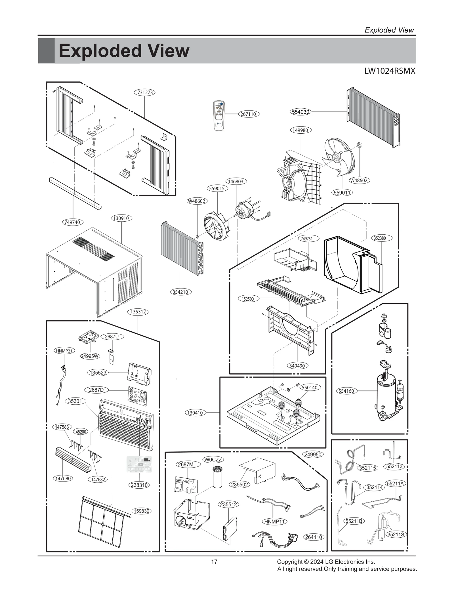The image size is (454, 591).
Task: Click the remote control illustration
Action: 219,115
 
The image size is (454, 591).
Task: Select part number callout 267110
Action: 248,114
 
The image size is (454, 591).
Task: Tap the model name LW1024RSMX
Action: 390,71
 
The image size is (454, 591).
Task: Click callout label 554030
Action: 300,112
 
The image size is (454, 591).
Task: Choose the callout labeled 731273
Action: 145,92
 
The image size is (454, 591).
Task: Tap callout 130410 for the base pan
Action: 195,413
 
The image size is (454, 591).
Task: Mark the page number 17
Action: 214,561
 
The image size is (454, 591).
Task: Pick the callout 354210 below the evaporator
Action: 181,292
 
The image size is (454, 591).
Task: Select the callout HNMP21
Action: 64,351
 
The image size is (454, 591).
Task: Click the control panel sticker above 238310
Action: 139,464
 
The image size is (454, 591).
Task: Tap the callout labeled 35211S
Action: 396,535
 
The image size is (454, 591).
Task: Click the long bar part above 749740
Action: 75,193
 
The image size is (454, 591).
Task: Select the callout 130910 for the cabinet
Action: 121,218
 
